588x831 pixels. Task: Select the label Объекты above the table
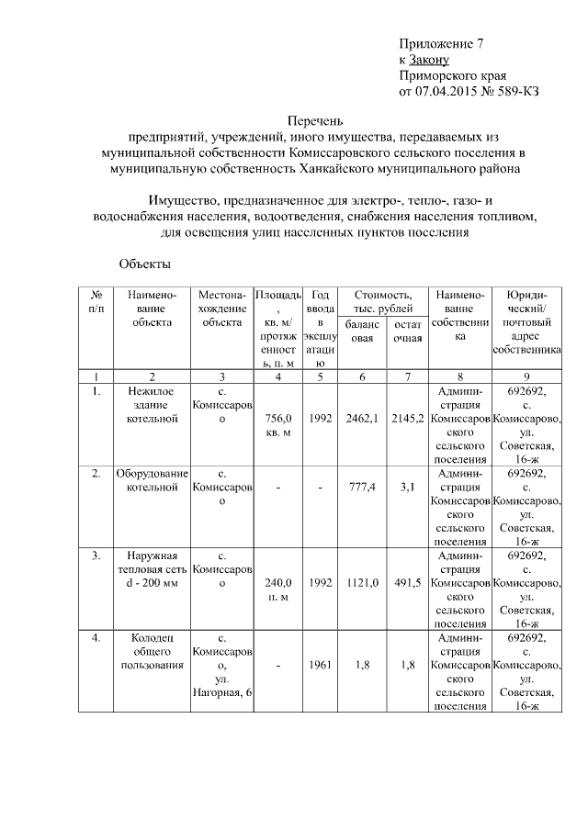(x=145, y=264)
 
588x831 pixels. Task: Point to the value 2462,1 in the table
(x=362, y=419)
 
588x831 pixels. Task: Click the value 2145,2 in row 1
(x=407, y=419)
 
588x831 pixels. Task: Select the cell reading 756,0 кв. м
(x=277, y=425)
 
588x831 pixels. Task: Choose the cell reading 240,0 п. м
(x=277, y=590)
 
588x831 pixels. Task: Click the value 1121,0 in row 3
(x=362, y=582)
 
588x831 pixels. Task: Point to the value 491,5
(x=407, y=582)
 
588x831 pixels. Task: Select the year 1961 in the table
(x=321, y=665)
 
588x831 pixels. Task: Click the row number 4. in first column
(x=96, y=638)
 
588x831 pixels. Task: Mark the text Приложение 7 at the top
(x=440, y=44)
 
